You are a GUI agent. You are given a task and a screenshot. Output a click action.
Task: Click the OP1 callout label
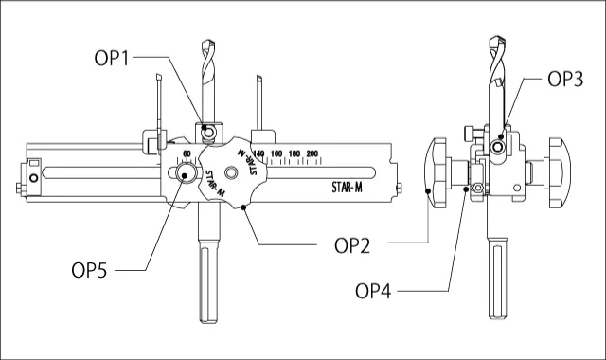112,59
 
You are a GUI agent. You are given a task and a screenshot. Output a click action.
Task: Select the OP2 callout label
352,245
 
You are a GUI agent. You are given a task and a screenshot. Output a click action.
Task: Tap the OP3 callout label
565,79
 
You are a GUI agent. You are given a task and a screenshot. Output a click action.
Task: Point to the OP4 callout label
373,291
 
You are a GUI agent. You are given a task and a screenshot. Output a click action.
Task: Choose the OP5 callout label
89,270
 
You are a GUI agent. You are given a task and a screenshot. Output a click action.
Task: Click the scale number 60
187,153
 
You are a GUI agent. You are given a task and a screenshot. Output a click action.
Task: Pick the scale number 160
276,153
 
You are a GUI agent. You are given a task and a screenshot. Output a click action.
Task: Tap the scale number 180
294,153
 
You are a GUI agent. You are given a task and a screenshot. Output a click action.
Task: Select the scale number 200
312,153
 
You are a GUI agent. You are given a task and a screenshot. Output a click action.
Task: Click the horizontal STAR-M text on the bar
348,188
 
